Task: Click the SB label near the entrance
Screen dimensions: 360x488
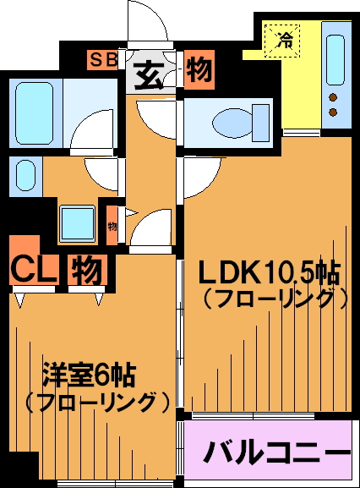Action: point(103,60)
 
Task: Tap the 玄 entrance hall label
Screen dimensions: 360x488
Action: point(150,74)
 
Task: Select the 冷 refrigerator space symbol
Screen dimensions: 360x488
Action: point(282,41)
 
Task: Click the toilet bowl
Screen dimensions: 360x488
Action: point(232,123)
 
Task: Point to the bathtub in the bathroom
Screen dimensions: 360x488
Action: point(34,113)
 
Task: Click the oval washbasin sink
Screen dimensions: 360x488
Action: point(25,175)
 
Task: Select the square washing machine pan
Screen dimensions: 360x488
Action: point(78,223)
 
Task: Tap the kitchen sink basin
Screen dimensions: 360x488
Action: point(335,60)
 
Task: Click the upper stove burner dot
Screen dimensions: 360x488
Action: point(333,97)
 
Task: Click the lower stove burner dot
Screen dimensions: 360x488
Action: point(333,112)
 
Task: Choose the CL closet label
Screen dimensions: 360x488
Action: point(34,269)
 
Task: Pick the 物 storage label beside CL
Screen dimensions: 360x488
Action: point(87,270)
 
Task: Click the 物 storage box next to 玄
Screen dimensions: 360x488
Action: point(199,70)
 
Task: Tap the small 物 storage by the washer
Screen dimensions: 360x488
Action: point(112,225)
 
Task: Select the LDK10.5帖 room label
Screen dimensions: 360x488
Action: point(268,273)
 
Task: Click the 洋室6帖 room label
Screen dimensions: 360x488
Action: point(90,375)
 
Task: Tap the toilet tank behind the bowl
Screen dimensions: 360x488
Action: point(260,123)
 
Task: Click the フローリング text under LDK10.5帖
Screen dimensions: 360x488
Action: point(275,299)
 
